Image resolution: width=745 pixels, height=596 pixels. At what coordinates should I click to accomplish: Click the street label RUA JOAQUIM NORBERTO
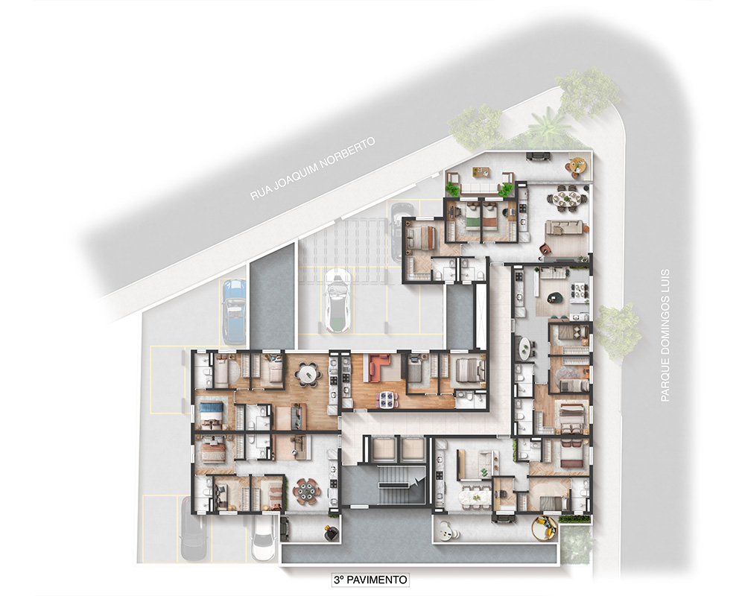tap(312, 169)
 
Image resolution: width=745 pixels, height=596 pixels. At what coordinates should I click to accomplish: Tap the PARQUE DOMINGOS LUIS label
tap(665, 335)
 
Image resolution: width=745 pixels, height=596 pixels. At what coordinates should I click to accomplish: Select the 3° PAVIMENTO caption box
tap(370, 580)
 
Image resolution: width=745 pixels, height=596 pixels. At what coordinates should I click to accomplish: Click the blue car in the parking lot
tap(234, 311)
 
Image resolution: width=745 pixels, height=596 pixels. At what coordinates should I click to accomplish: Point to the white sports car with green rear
tap(337, 300)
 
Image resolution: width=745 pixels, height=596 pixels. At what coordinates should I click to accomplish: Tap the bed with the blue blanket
tap(209, 410)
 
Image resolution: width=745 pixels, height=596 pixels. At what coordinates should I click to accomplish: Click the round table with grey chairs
tap(309, 374)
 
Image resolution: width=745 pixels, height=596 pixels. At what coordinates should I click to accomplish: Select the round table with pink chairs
tap(306, 492)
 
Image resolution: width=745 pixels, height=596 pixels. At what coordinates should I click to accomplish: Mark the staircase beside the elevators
tap(393, 484)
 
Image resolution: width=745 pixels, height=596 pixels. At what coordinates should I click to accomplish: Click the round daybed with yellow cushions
tap(545, 528)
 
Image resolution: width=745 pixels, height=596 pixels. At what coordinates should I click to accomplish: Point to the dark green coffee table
tap(554, 298)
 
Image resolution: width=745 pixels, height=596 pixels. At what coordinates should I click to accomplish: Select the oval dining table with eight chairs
tap(567, 199)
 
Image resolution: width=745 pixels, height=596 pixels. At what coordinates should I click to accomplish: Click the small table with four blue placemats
tap(386, 399)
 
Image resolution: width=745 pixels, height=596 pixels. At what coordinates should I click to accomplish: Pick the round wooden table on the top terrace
tap(578, 165)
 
